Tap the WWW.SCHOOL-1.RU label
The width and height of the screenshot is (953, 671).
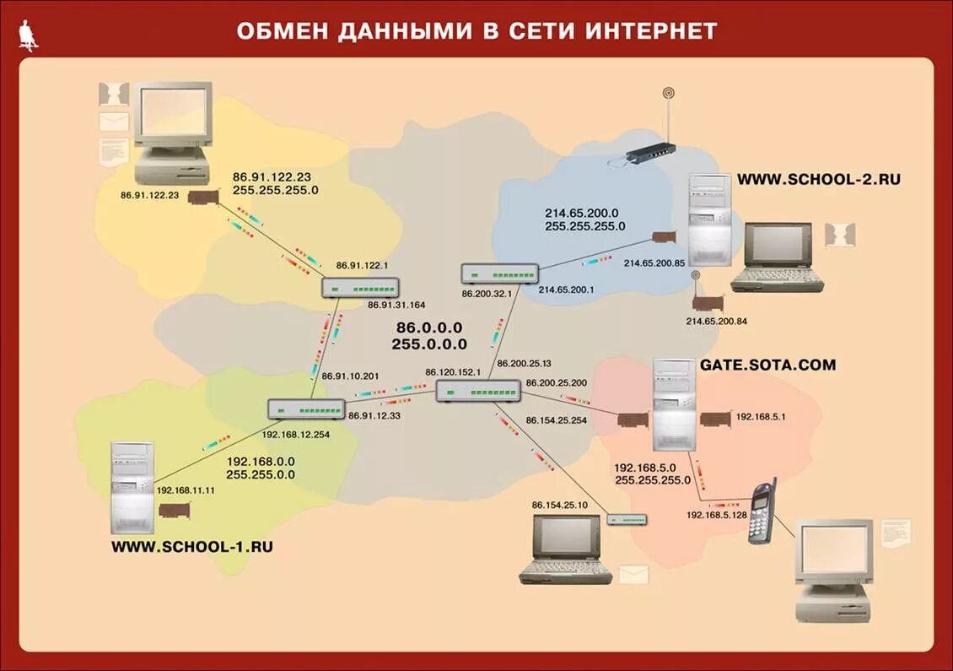[x=192, y=546]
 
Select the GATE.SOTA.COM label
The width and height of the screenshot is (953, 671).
[x=767, y=365]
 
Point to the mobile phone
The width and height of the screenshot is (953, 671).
[x=762, y=510]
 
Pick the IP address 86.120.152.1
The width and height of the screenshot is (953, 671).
[x=453, y=371]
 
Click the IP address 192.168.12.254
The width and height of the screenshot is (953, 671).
[x=295, y=434]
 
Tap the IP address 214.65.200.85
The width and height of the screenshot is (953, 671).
[x=654, y=263]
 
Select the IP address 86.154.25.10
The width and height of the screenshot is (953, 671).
[x=559, y=505]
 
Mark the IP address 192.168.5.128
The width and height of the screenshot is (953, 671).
[x=715, y=515]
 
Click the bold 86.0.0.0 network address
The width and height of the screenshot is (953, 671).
[x=429, y=327]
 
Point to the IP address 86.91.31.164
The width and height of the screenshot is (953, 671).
[x=396, y=305]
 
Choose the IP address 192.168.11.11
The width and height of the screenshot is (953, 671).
[x=186, y=490]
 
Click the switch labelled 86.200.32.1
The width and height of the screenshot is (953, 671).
[x=499, y=273]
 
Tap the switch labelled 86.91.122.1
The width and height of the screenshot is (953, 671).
[x=359, y=288]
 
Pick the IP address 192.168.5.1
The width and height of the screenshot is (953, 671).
[x=760, y=416]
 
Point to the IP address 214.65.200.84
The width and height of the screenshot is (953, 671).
[x=716, y=322]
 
